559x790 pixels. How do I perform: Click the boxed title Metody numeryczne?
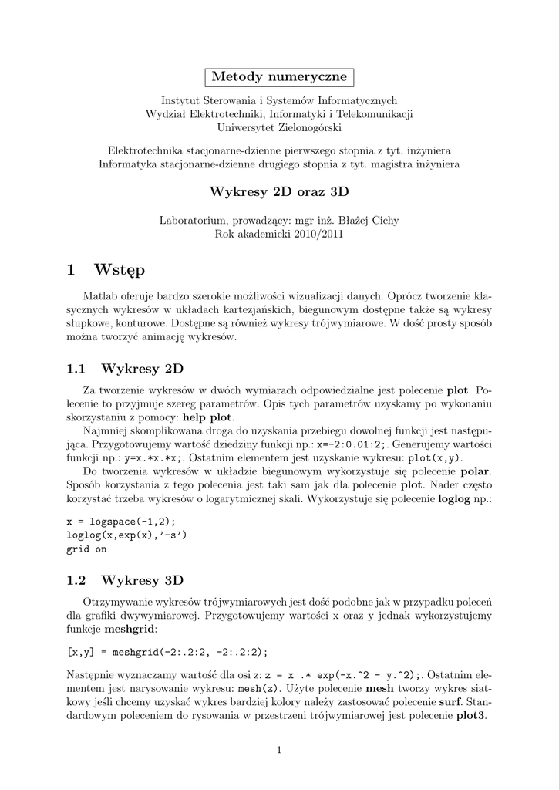coord(279,77)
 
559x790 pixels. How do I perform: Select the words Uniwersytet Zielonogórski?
coord(279,127)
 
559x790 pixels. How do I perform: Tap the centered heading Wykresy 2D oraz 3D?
coord(279,191)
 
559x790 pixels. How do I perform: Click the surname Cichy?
coord(383,220)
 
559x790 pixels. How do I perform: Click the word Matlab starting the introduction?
coord(98,296)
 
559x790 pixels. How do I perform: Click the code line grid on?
coord(86,549)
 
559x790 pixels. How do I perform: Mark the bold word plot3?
coord(469,714)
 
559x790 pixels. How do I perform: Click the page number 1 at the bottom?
coord(279,750)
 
